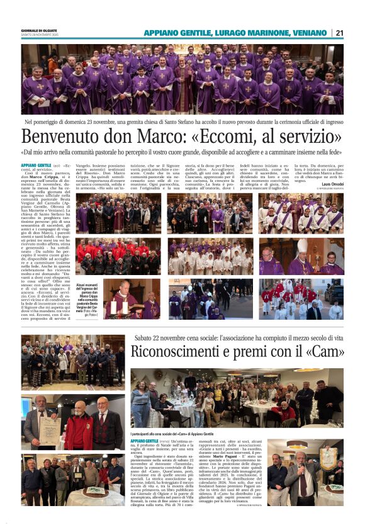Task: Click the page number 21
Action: pyautogui.click(x=340, y=33)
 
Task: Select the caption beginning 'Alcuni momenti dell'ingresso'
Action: pyautogui.click(x=88, y=299)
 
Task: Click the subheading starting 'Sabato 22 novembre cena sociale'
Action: pyautogui.click(x=238, y=338)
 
